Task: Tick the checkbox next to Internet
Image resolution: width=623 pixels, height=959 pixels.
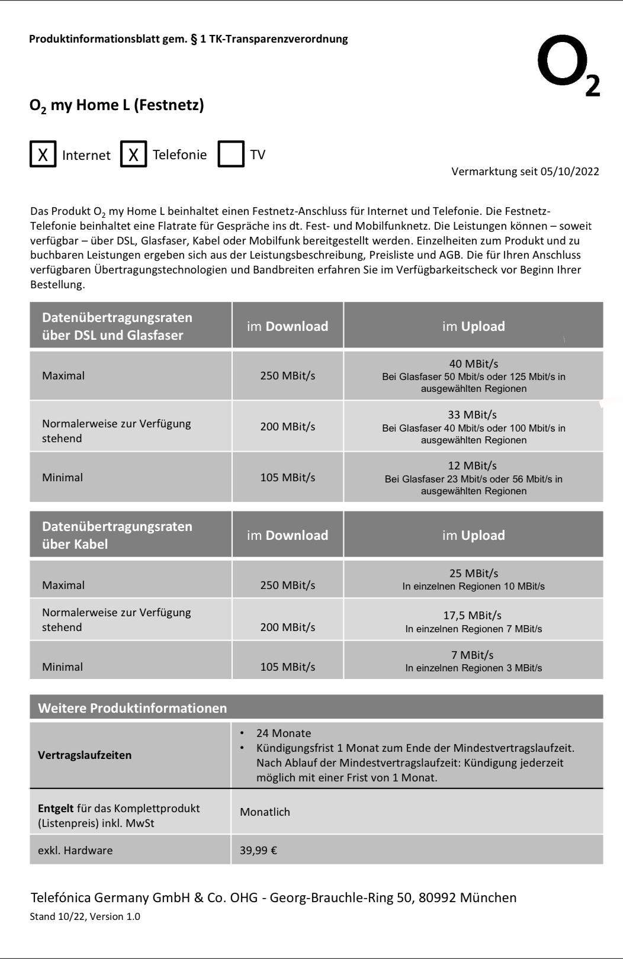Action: tap(43, 155)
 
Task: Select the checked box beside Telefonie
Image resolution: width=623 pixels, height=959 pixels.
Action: tap(133, 155)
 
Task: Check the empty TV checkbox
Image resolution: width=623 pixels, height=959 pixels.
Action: tap(231, 155)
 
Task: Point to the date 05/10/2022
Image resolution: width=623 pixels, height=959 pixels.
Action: tap(570, 172)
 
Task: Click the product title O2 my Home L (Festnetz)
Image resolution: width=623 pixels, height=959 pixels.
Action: tap(117, 105)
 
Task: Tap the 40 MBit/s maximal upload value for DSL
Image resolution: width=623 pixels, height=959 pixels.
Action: tap(473, 363)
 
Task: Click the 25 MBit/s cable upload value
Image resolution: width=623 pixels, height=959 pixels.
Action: tap(473, 573)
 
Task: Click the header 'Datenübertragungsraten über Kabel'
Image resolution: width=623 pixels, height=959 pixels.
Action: tap(117, 535)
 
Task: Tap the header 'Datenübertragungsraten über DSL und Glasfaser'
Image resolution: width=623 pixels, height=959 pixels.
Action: tap(117, 326)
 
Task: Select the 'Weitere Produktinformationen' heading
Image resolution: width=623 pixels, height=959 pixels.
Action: tap(132, 708)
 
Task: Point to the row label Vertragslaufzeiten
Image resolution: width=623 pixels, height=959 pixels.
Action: tap(85, 755)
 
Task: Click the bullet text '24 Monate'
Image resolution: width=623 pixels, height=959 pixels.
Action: tap(283, 733)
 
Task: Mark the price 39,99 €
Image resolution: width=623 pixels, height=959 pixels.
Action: tap(258, 851)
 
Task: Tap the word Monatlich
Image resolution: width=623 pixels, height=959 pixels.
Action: tap(265, 812)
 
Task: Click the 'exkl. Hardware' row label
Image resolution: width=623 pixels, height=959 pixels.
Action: tap(75, 851)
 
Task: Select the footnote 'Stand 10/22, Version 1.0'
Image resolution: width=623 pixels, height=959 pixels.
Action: tap(85, 916)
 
